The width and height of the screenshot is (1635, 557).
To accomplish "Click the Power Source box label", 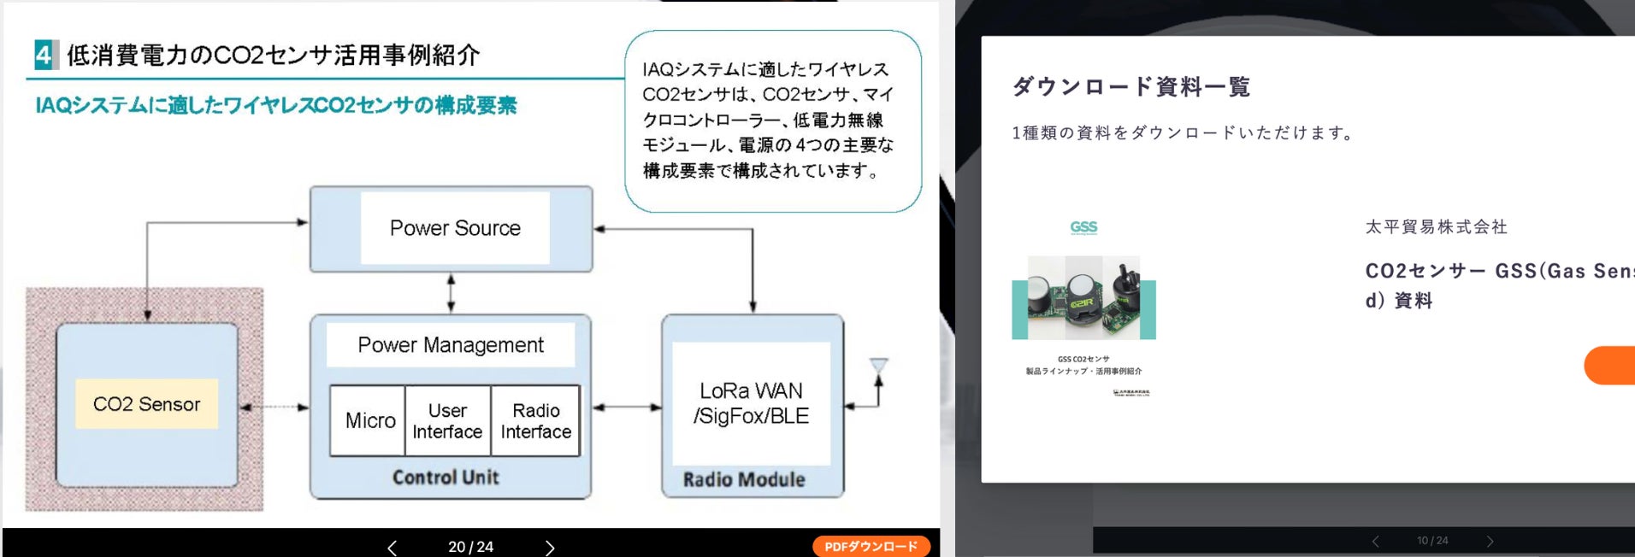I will (455, 228).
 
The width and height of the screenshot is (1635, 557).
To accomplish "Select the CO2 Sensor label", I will (146, 404).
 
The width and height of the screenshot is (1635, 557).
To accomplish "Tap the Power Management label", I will (451, 345).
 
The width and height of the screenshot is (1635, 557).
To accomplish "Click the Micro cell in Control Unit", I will (369, 420).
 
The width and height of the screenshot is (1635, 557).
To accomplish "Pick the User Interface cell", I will (447, 421).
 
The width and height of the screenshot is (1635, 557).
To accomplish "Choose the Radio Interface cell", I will (536, 421).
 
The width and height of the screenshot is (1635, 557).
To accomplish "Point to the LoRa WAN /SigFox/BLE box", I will (751, 403).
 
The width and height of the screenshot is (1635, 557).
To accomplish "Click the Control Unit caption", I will (446, 478).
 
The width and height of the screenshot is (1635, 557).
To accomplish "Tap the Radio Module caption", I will (744, 480).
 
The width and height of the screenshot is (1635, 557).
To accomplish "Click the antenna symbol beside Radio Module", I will (878, 368).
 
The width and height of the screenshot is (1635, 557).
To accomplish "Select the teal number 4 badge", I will (44, 55).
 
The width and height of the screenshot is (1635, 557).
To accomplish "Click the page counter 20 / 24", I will (470, 547).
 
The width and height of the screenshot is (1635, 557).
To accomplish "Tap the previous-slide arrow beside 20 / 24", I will (392, 547).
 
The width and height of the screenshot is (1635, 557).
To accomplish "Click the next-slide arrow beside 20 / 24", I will (550, 547).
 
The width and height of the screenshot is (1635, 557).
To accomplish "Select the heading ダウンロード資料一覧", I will (1130, 86).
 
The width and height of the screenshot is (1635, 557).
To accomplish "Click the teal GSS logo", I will (1083, 227).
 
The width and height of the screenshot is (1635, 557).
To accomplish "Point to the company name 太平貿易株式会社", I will (1437, 227).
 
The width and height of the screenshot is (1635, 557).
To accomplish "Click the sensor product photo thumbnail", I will (1083, 297).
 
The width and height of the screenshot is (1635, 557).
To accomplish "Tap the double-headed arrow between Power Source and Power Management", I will (451, 293).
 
